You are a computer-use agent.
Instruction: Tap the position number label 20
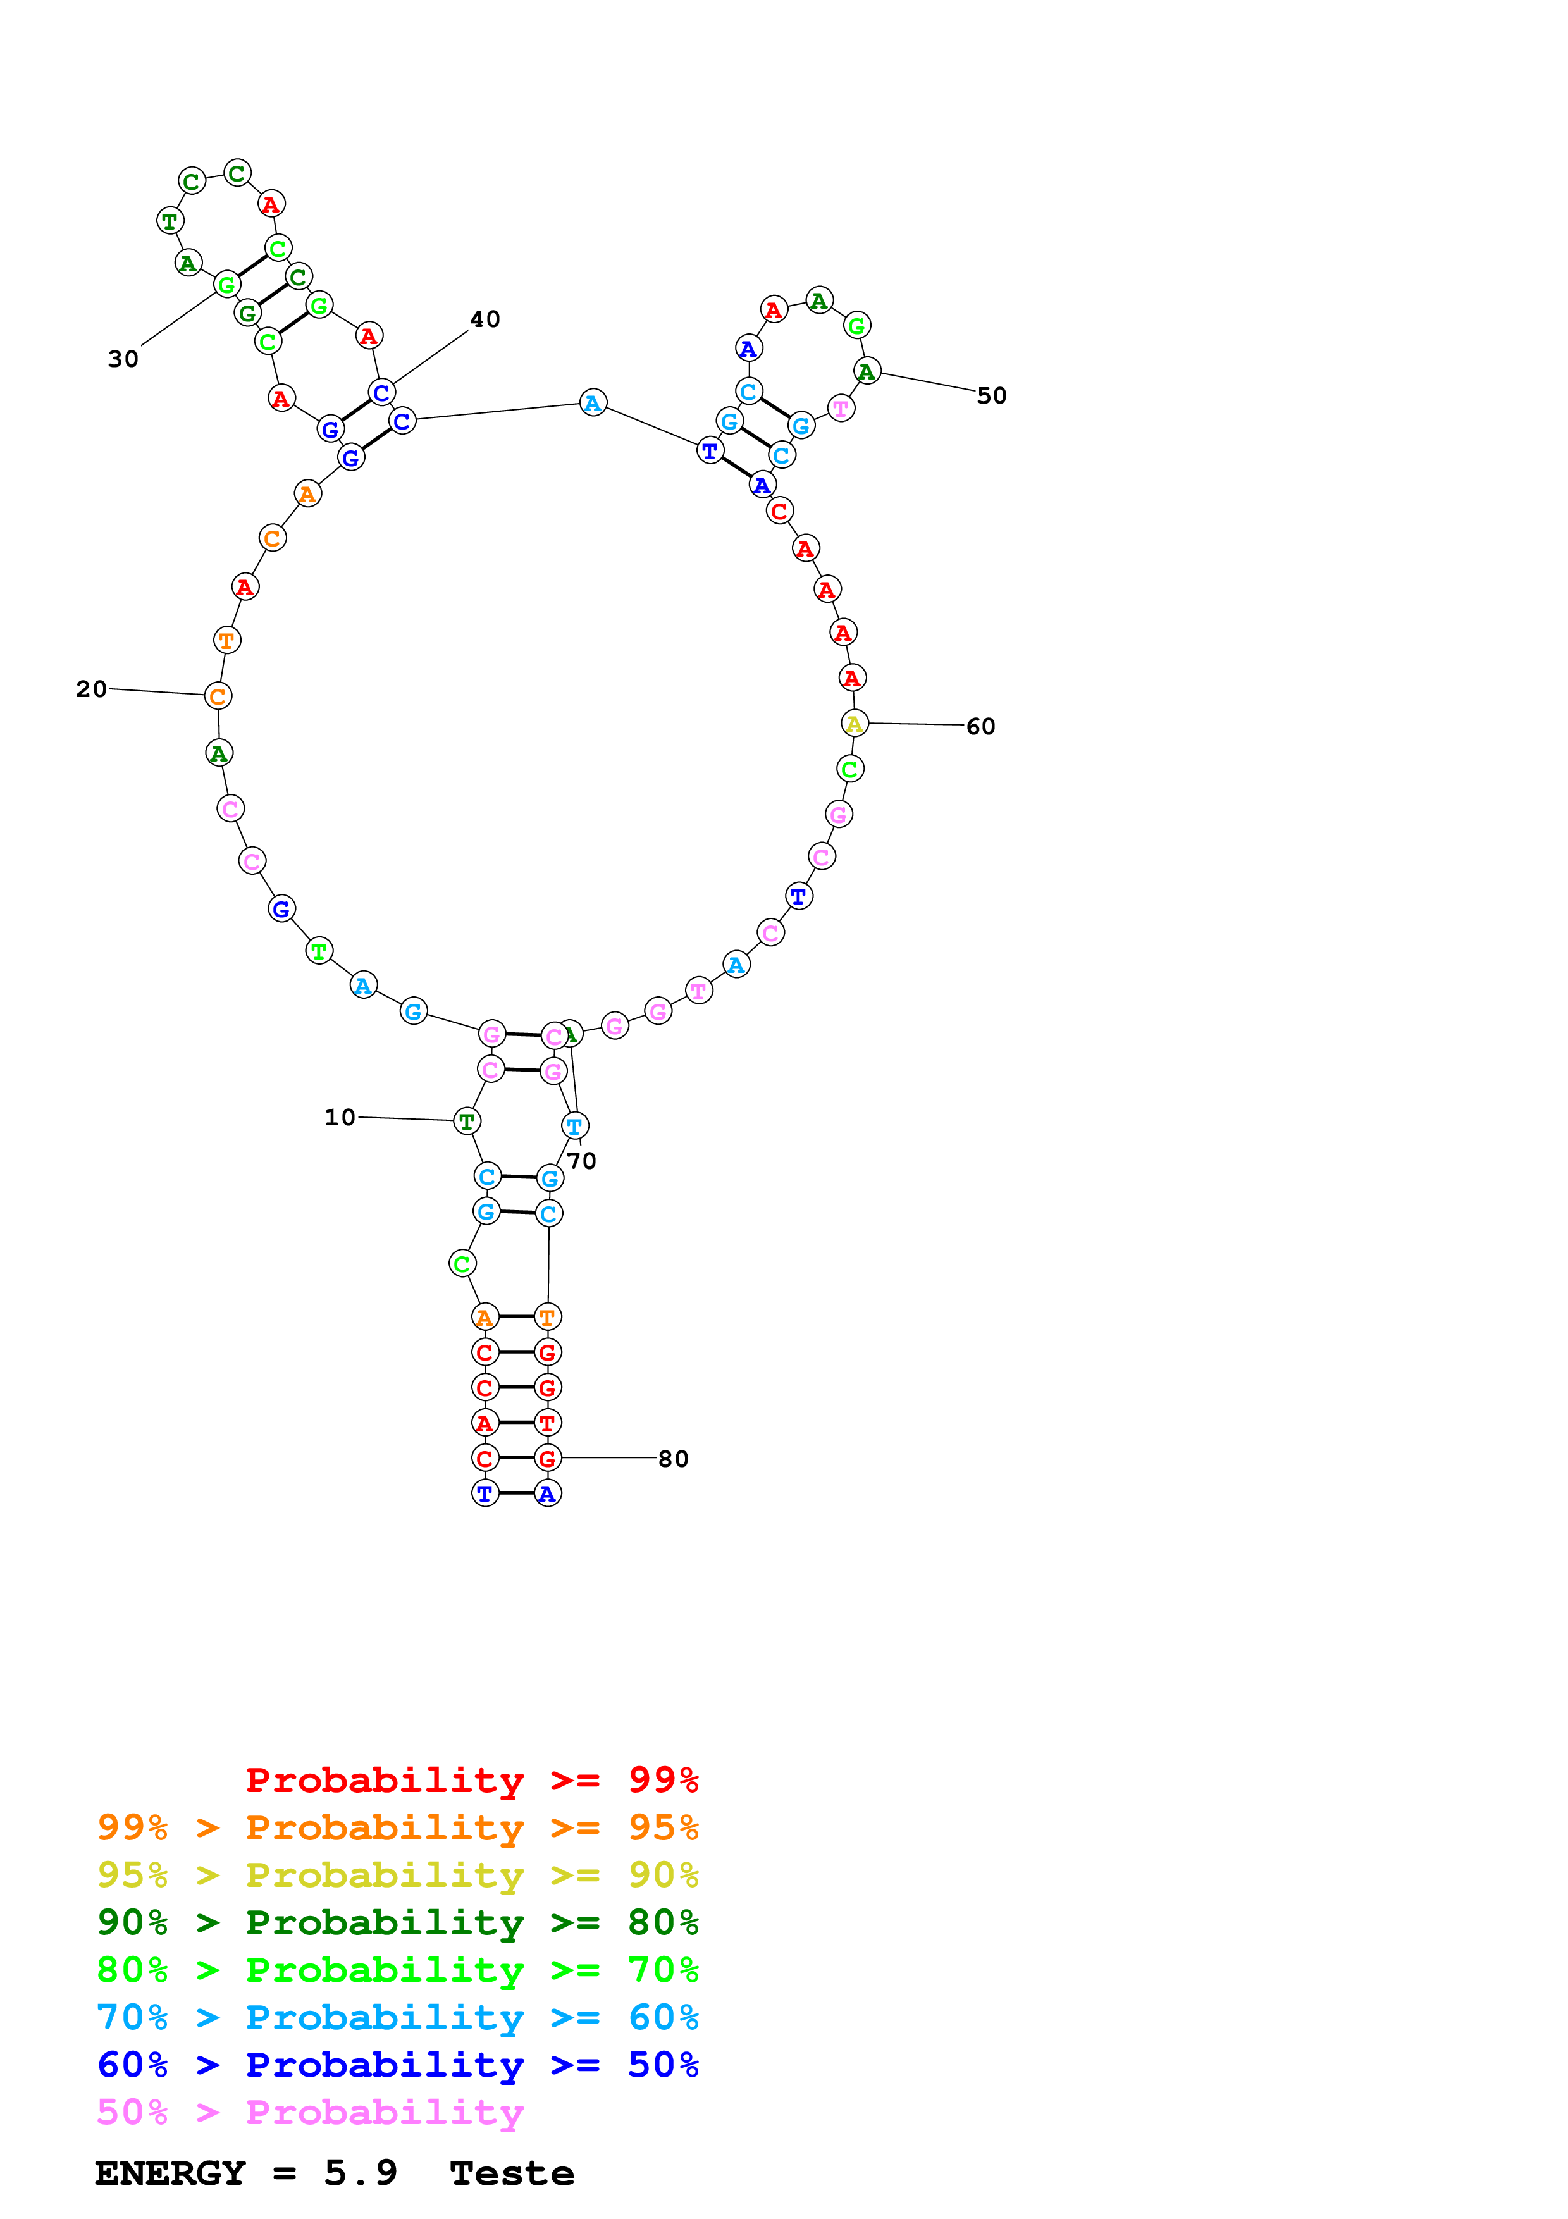pyautogui.click(x=92, y=689)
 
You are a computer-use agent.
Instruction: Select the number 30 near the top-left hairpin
pyautogui.click(x=124, y=359)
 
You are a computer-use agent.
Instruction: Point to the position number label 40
pyautogui.click(x=485, y=320)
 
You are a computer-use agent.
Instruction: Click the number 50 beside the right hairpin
pyautogui.click(x=992, y=396)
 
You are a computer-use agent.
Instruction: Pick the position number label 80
pyautogui.click(x=674, y=1459)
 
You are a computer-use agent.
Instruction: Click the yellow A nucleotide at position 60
pyautogui.click(x=854, y=723)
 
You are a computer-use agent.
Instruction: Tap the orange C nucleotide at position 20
pyautogui.click(x=218, y=696)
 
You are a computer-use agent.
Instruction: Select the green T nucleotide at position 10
pyautogui.click(x=467, y=1121)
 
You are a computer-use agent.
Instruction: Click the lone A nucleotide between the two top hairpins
pyautogui.click(x=593, y=403)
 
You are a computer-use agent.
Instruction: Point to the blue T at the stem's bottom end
pyautogui.click(x=485, y=1493)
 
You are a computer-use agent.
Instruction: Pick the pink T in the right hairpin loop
pyautogui.click(x=841, y=409)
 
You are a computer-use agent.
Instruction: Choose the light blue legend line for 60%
pyautogui.click(x=397, y=2017)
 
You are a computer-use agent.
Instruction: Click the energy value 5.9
pyautogui.click(x=361, y=2173)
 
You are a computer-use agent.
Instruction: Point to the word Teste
pyautogui.click(x=512, y=2173)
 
